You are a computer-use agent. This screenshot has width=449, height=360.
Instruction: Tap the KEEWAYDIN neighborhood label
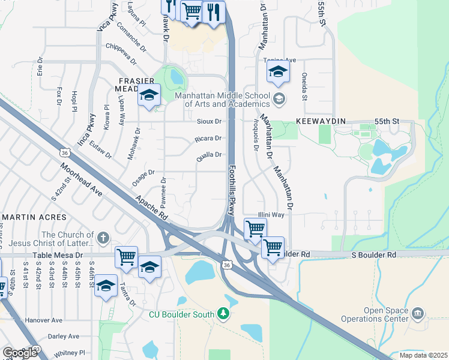(321, 121)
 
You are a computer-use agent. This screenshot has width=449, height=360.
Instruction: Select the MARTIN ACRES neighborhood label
(31, 216)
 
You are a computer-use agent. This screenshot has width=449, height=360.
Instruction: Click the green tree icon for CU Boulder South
(223, 313)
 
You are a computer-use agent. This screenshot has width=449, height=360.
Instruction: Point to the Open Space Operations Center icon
(418, 313)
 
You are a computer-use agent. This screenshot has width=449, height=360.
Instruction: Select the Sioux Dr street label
(209, 121)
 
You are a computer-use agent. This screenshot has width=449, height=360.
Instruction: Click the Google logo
(20, 352)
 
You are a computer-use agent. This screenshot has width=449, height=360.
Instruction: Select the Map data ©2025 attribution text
(423, 355)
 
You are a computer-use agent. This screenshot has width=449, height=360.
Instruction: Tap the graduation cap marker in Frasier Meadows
(149, 95)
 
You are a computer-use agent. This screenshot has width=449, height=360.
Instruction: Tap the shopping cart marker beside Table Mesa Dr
(126, 257)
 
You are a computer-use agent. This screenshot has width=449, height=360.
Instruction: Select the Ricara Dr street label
(208, 139)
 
